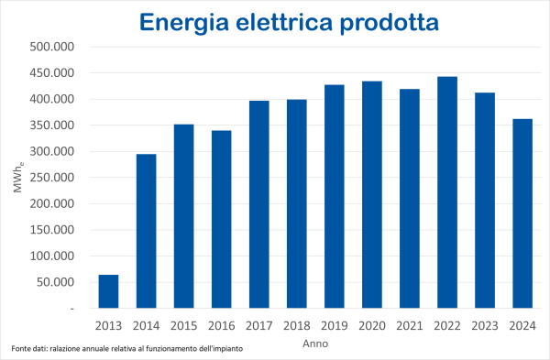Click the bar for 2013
[x=108, y=291]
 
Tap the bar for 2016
[x=221, y=219]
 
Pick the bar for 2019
[x=334, y=196]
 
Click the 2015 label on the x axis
[x=183, y=325]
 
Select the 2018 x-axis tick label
[x=296, y=325]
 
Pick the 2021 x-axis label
[x=409, y=325]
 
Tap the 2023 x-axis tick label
[x=484, y=325]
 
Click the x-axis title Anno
[x=315, y=344]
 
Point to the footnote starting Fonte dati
[x=127, y=350]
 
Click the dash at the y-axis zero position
[x=71, y=309]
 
